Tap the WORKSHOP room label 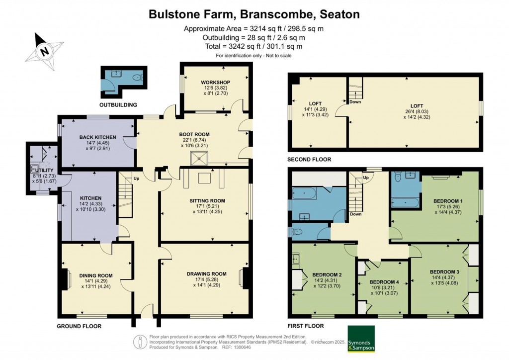tap(215, 82)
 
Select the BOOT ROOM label tap(194, 134)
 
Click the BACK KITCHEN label tap(97, 137)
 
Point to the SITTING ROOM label tap(207, 201)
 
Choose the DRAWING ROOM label tap(207, 273)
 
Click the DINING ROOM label tap(95, 275)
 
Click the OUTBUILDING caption tap(118, 105)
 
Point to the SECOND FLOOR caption tap(309, 160)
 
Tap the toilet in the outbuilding tap(137, 77)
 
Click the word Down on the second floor tap(355, 101)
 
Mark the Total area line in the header tap(254, 46)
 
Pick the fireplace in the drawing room tap(245, 278)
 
